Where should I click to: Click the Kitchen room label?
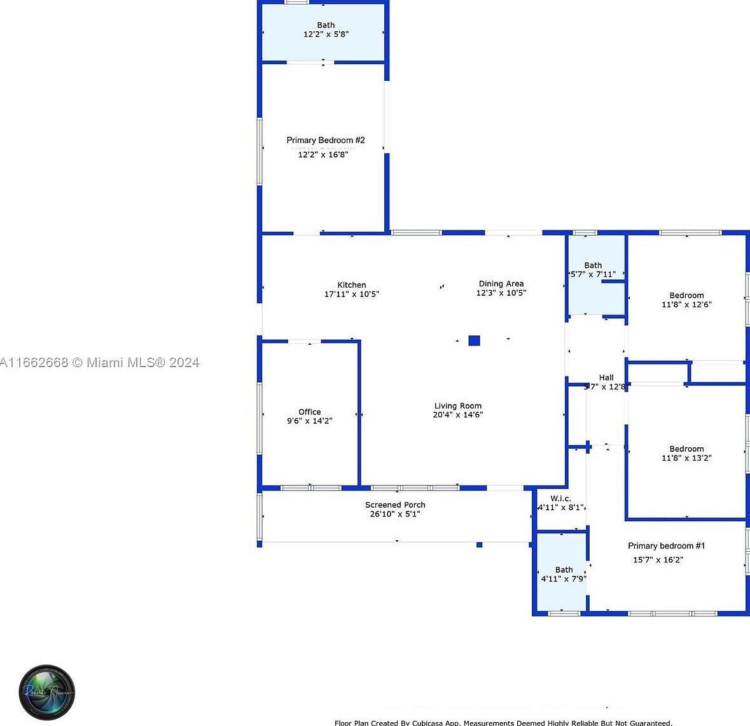point(352,285)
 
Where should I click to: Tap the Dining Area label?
point(501,284)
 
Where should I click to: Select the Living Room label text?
point(458,406)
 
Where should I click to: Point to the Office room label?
point(310,412)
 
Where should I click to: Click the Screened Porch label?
point(395,505)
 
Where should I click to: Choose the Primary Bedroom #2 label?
point(325,140)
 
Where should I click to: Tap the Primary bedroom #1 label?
point(666,546)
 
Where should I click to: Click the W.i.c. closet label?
point(560,498)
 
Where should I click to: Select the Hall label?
point(606,377)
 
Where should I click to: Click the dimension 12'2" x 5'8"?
point(326,34)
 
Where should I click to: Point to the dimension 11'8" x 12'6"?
point(686,304)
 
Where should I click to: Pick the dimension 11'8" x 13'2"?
point(686,457)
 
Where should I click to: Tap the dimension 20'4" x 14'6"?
point(458,415)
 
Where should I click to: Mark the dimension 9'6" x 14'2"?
point(310,421)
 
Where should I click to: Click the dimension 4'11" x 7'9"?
point(564,579)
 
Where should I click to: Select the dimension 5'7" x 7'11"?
point(593,274)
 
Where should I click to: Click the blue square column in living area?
point(474,340)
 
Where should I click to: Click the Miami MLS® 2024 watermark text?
point(136,363)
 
